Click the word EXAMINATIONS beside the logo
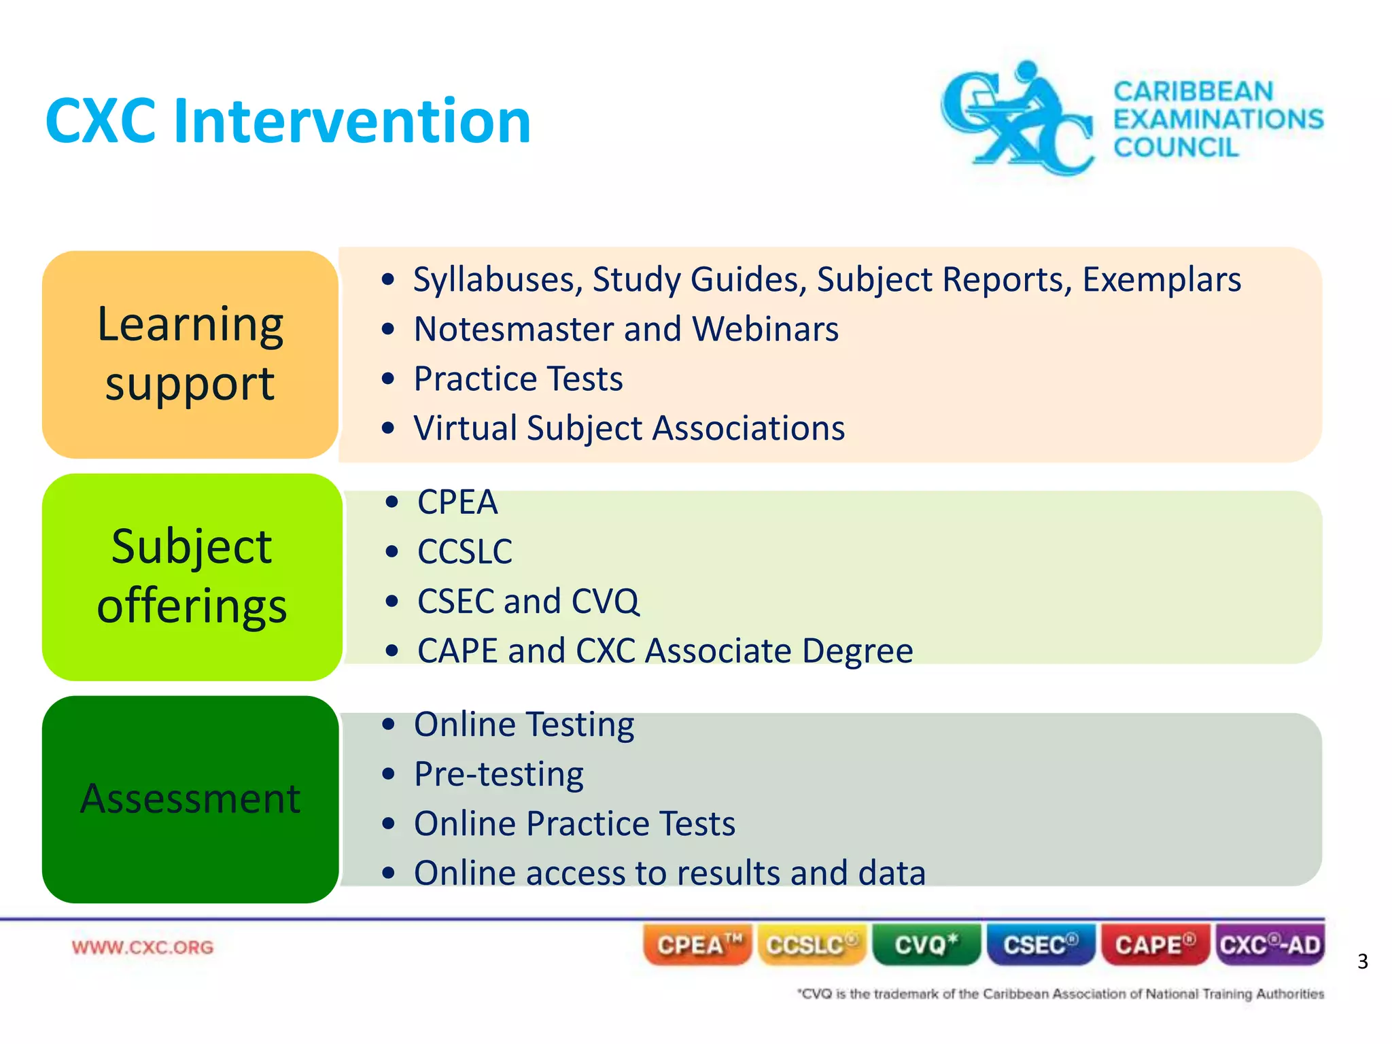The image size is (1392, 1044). pyautogui.click(x=1217, y=119)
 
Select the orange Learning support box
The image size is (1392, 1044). pyautogui.click(x=190, y=354)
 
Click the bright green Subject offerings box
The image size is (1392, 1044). pyautogui.click(x=192, y=576)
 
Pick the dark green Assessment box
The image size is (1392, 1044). pyautogui.click(x=190, y=799)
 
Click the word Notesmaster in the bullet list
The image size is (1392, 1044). pyautogui.click(x=514, y=329)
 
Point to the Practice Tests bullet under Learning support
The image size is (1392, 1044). pyautogui.click(x=518, y=379)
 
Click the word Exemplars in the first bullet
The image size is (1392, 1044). pyautogui.click(x=1162, y=279)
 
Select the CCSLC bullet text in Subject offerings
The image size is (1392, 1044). pyautogui.click(x=465, y=551)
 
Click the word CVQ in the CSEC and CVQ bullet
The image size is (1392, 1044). pyautogui.click(x=605, y=601)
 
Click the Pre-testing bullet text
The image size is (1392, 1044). pyautogui.click(x=499, y=773)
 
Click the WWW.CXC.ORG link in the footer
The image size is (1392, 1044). pyautogui.click(x=143, y=947)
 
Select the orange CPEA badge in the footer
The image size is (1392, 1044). pyautogui.click(x=697, y=945)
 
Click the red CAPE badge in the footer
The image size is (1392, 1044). pyautogui.click(x=1154, y=945)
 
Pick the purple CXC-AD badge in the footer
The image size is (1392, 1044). pyautogui.click(x=1269, y=945)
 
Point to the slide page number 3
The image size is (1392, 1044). pyautogui.click(x=1362, y=961)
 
